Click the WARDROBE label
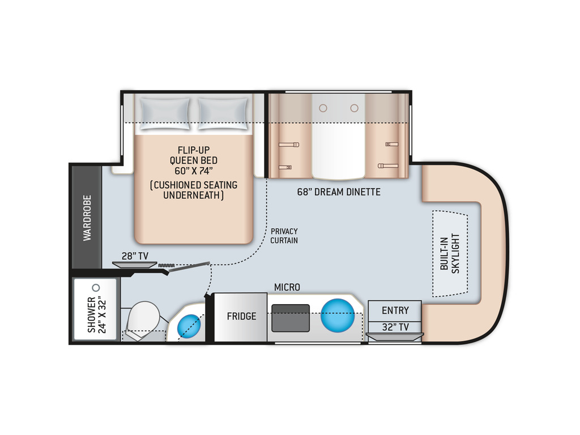tap(87, 218)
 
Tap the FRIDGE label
tap(241, 316)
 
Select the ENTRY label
tap(395, 310)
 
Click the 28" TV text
tap(135, 256)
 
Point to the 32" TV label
tap(395, 327)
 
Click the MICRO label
tap(287, 287)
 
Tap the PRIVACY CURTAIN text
tap(284, 236)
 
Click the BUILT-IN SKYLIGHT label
tap(450, 253)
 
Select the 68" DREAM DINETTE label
tap(339, 191)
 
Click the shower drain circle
tap(96, 287)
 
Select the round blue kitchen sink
tap(338, 315)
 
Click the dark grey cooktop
tap(291, 318)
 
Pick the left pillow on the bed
tap(165, 113)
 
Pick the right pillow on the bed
tap(223, 113)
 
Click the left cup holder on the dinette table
tap(323, 108)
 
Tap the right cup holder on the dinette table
tap(355, 108)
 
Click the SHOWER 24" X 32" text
tap(96, 315)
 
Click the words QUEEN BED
tap(194, 160)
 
